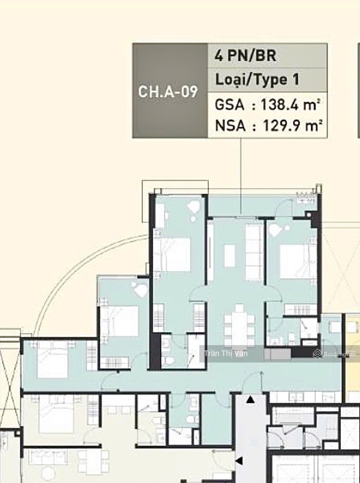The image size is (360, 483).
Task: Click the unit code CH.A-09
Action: (168, 92)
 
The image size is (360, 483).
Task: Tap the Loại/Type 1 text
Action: (257, 80)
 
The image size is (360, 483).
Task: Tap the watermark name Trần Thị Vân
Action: (226, 353)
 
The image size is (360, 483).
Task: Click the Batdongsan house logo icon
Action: (317, 354)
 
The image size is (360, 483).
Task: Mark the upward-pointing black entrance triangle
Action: (251, 400)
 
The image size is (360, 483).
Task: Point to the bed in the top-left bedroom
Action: (172, 254)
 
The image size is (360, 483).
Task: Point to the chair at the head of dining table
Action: (239, 308)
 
